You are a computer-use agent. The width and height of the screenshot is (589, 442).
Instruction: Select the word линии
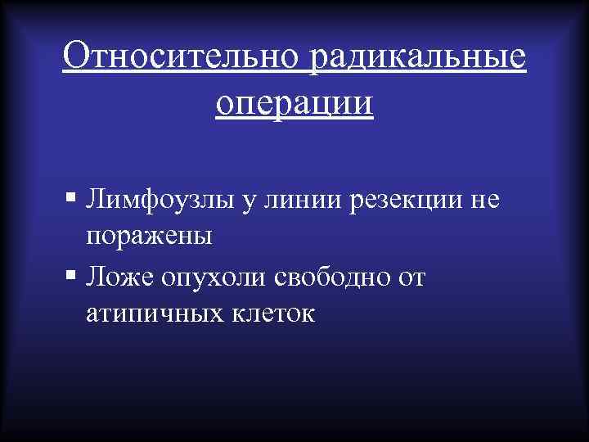click(297, 199)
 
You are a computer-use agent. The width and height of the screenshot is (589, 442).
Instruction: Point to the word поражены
click(148, 237)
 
